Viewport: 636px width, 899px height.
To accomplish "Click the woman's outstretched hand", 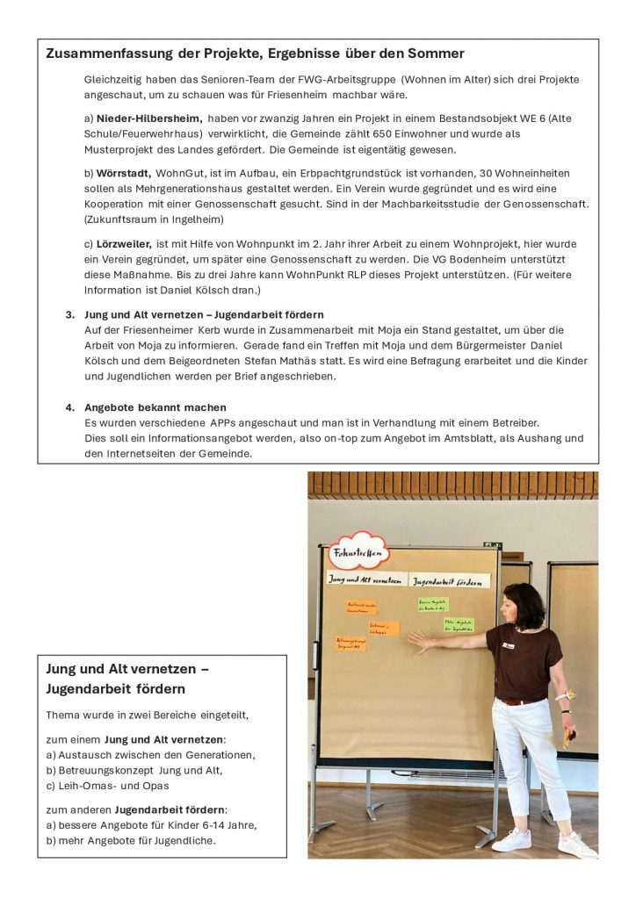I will (x=419, y=642).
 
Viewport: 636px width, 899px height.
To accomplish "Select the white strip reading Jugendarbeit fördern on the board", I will (x=450, y=581).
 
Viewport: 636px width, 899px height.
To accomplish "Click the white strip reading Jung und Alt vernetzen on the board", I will (x=366, y=579).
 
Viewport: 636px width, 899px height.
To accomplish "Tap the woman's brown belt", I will (x=520, y=701).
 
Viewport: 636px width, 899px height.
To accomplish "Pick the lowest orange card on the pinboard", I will (x=351, y=644).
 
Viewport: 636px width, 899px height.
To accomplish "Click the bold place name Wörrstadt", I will (x=125, y=173).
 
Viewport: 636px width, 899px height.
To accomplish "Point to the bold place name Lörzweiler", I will (x=125, y=243).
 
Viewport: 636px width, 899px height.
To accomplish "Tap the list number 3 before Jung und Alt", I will (x=69, y=314).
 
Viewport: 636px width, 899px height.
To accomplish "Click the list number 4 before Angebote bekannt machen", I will (x=69, y=407).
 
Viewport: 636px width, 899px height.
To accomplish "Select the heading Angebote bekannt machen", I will (x=155, y=407).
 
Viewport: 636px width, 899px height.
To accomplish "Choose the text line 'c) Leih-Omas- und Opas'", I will (x=107, y=786).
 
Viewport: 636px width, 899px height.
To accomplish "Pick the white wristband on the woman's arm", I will (x=560, y=697).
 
